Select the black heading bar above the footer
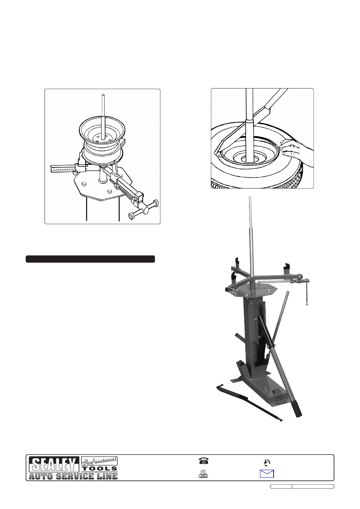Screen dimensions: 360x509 (90, 259)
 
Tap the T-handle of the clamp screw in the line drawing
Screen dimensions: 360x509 (144, 209)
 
